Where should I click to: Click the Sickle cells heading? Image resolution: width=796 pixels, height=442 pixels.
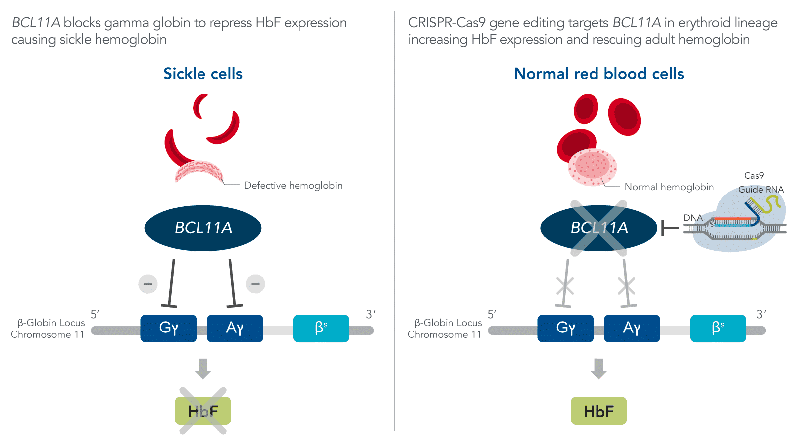coord(203,74)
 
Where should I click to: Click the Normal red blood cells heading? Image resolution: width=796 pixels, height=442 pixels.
coord(598,74)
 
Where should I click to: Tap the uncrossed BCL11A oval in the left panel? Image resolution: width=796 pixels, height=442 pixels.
coord(203,228)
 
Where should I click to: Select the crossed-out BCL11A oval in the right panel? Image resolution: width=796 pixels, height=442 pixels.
coord(598,228)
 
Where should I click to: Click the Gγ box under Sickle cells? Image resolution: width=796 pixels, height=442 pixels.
coord(169,328)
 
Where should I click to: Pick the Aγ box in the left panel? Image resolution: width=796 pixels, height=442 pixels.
coord(235,328)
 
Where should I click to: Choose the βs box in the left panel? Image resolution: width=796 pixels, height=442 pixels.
coord(321,328)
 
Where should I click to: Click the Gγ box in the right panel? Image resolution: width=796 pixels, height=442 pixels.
coord(566,328)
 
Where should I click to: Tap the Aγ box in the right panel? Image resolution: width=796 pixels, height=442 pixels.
coord(632,328)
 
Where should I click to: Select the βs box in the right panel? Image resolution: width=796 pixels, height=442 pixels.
coord(718,328)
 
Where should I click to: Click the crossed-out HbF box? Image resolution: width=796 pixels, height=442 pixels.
coord(203,411)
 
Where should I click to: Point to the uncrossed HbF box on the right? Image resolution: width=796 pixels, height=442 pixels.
coord(598,411)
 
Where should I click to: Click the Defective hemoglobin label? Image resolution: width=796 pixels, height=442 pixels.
coord(293,186)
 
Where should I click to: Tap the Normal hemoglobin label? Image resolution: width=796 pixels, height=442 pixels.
coord(669,187)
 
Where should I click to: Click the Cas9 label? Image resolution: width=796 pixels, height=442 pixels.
coord(754,176)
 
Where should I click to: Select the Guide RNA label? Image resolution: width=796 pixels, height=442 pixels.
coord(761,190)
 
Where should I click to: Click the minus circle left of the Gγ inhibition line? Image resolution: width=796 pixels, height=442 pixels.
coord(148,284)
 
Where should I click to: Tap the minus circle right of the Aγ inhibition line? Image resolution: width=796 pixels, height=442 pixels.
coord(256,284)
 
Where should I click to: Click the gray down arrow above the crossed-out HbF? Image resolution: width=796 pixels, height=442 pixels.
coord(203,368)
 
